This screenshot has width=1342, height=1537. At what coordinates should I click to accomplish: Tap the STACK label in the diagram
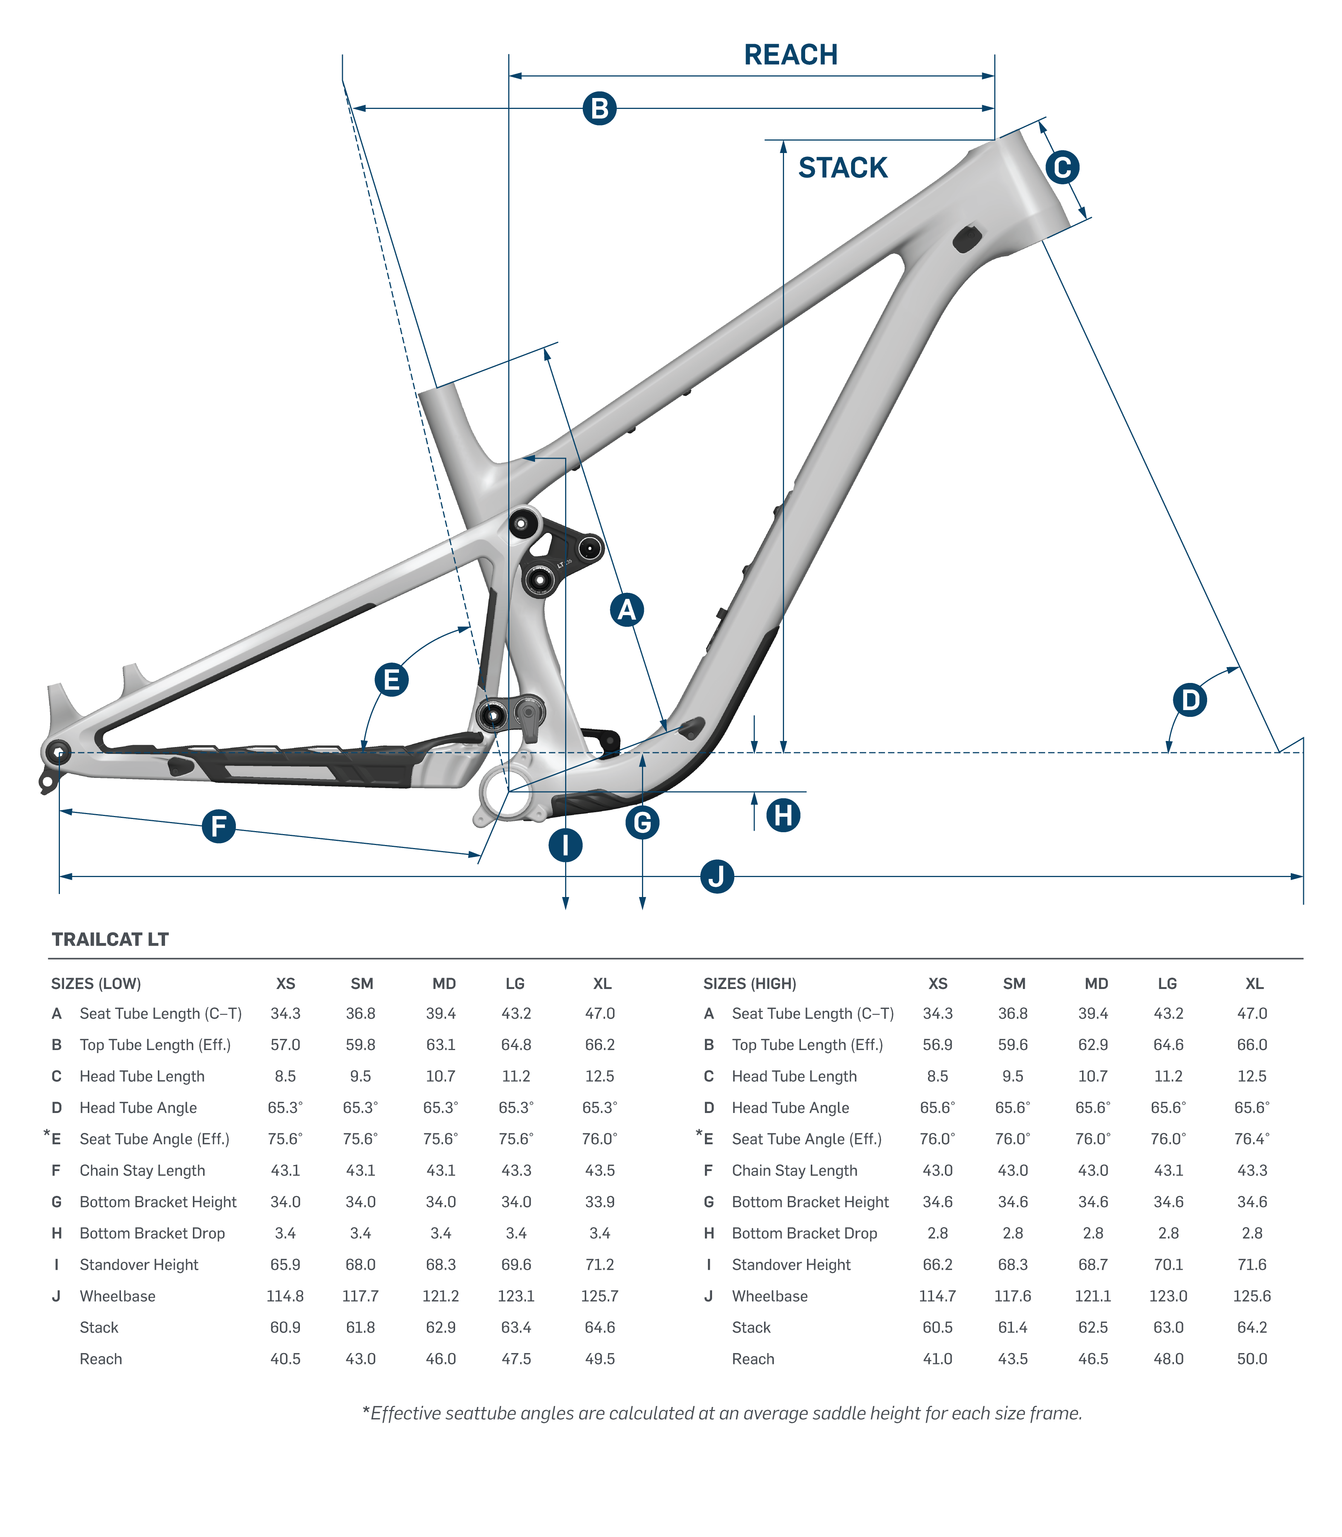click(x=842, y=168)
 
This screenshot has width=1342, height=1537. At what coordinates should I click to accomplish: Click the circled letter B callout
click(x=599, y=109)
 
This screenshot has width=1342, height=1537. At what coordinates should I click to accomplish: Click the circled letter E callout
click(x=391, y=680)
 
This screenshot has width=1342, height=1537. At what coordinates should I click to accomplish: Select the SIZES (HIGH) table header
click(x=750, y=983)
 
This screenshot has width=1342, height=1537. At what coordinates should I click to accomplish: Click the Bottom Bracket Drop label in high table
click(x=804, y=1233)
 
